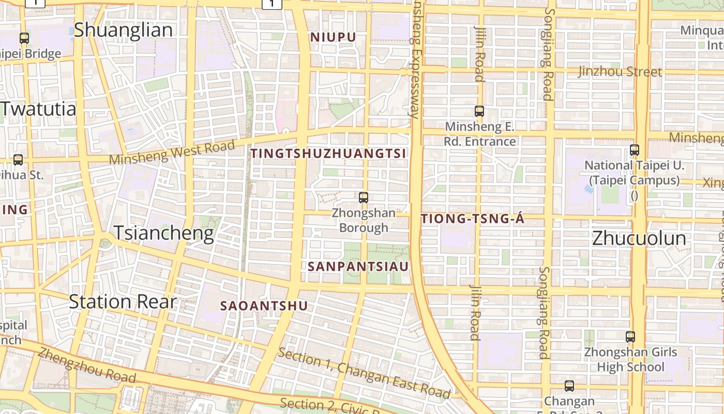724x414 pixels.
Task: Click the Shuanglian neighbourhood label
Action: (123, 30)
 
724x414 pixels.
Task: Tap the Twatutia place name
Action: (38, 109)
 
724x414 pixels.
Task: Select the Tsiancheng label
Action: (163, 233)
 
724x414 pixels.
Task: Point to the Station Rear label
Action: (123, 302)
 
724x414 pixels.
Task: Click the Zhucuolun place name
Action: (639, 239)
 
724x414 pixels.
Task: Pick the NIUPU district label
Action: (333, 37)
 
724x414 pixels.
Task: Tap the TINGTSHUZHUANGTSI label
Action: (328, 154)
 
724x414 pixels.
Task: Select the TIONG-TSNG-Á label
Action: (473, 219)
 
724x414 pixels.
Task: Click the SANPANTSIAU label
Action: (358, 267)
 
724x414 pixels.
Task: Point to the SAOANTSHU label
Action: (264, 306)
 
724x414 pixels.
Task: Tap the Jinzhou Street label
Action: (620, 71)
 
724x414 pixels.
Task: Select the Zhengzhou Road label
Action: (86, 366)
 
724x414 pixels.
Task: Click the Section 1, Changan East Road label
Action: (364, 374)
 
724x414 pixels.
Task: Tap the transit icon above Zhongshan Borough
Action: (364, 197)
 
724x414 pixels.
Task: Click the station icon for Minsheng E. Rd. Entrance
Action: (479, 111)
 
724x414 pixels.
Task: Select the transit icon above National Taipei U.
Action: (635, 150)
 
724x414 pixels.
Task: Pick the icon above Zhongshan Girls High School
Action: (630, 337)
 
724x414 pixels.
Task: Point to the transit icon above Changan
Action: (569, 386)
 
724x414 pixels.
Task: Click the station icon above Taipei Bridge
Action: (24, 38)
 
